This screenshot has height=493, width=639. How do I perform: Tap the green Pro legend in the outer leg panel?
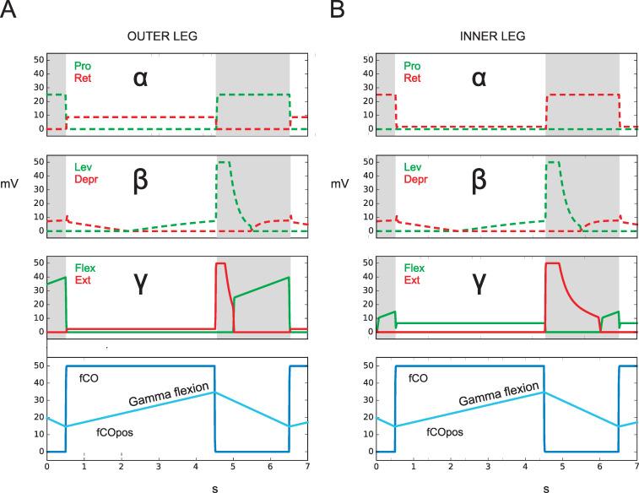point(82,65)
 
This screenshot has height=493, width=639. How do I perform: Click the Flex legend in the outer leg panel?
point(84,268)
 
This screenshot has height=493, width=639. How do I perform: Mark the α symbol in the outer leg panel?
point(141,79)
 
